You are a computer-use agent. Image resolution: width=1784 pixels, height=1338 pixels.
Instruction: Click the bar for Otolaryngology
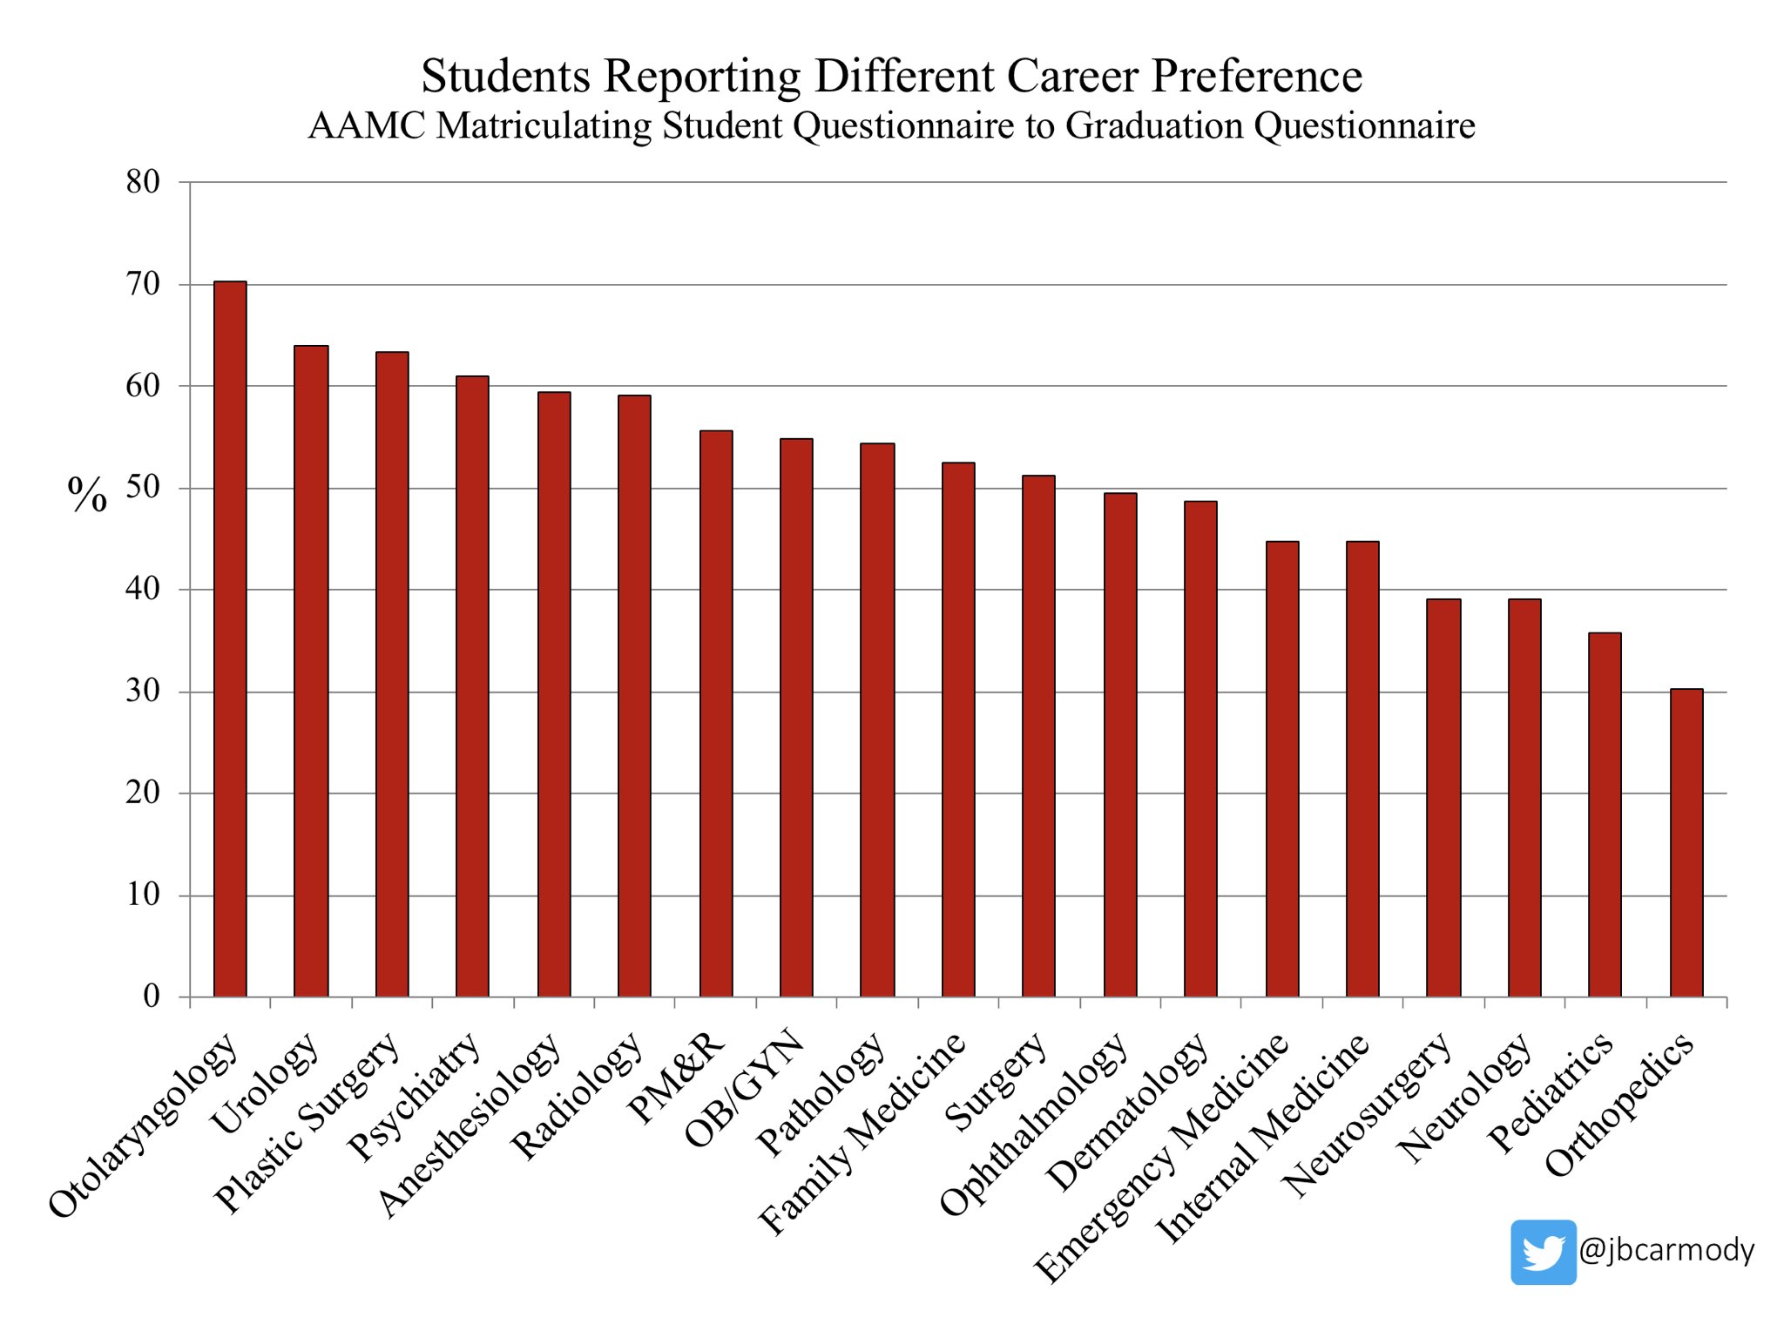(230, 639)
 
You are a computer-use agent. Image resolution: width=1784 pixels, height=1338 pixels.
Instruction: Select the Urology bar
(311, 671)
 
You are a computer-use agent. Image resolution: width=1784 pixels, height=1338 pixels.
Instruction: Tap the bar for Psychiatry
(472, 686)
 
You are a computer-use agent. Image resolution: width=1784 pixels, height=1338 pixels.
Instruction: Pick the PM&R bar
(716, 713)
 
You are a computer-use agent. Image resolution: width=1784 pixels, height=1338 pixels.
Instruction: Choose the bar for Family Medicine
(958, 729)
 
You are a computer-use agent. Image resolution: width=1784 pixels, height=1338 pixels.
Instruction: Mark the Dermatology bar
(1200, 749)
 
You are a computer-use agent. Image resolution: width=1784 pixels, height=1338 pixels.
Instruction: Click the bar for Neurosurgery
(1443, 798)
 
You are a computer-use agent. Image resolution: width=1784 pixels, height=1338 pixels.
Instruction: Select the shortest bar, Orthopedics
(1686, 842)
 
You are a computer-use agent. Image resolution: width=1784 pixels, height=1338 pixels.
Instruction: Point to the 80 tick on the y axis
(143, 182)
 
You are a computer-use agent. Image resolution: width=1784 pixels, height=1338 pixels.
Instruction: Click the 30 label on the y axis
(143, 691)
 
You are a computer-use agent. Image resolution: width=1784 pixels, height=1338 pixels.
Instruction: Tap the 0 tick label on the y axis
(152, 996)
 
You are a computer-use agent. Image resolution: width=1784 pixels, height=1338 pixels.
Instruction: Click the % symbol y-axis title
(87, 495)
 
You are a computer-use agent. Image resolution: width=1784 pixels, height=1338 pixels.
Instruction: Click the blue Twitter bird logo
(1544, 1252)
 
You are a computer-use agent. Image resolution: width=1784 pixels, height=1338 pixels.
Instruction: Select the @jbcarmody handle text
(1666, 1251)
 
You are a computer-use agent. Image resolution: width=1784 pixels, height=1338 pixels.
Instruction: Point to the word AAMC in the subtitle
(367, 125)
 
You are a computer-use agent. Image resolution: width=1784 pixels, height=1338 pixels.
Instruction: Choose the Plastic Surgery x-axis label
(307, 1123)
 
